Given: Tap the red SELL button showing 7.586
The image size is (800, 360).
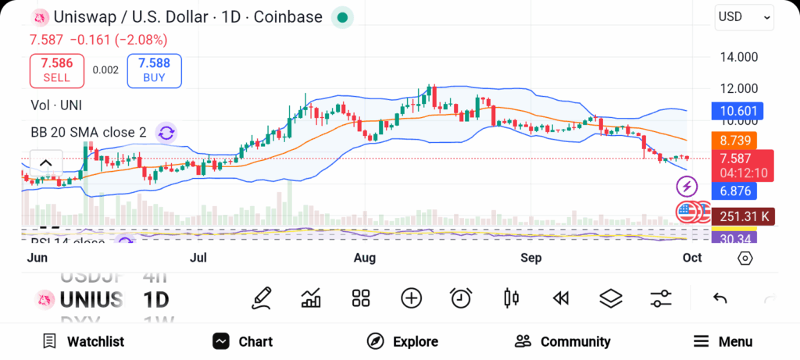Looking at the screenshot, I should [x=56, y=70].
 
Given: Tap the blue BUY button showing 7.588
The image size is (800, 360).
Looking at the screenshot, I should [x=153, y=70].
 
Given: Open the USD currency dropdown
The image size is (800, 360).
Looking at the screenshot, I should [x=744, y=17].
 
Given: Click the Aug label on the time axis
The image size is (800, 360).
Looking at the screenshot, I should [x=365, y=258].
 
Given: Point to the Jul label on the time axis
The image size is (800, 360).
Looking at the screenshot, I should [x=199, y=258].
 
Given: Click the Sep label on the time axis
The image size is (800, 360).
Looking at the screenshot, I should [x=531, y=258].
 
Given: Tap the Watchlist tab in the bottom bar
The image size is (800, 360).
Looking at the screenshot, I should [x=83, y=341].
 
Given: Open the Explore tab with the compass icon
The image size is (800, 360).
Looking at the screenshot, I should [x=402, y=341].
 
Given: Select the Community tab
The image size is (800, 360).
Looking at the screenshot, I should [x=562, y=341].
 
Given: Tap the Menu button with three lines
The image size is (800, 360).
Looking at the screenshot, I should [x=723, y=341].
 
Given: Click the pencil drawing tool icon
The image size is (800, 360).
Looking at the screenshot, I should [x=262, y=298].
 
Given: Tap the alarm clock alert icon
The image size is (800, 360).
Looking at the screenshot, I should [x=461, y=298].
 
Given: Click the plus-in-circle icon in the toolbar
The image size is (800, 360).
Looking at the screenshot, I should [x=411, y=298].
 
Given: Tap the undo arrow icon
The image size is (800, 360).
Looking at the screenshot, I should [x=720, y=298].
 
